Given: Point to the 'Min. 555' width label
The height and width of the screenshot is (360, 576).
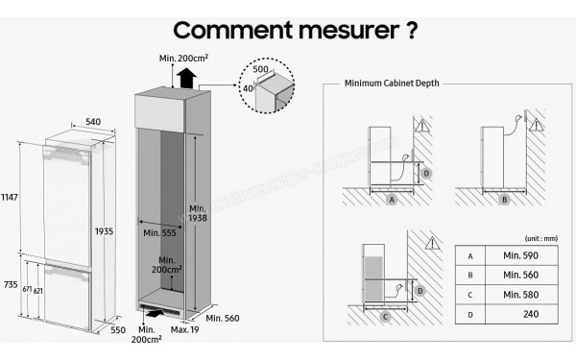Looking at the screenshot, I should (158, 233).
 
